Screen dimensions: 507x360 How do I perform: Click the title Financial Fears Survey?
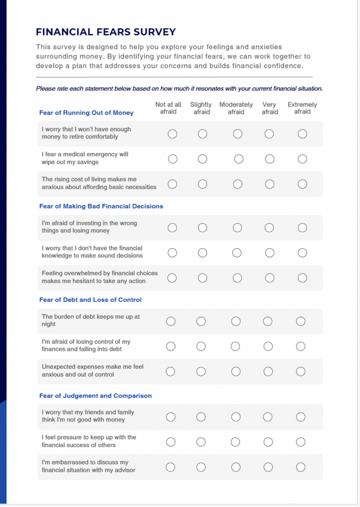105,32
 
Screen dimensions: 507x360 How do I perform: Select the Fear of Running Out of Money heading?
86,113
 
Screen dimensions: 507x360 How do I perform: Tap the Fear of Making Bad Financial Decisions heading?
101,206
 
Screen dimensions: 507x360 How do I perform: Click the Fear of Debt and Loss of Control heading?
90,300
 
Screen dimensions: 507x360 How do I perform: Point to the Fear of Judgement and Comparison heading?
95,396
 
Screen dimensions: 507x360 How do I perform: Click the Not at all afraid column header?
168,108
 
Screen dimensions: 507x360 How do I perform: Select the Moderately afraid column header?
236,108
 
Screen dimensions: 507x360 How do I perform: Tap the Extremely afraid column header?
302,108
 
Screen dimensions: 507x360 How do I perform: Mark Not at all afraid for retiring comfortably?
172,134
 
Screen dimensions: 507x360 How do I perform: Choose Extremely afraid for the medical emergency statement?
302,159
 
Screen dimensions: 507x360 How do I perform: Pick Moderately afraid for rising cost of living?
238,184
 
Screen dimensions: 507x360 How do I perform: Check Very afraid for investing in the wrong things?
269,228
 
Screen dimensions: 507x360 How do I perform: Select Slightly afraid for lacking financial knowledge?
202,253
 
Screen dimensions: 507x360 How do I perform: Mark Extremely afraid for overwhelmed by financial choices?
302,278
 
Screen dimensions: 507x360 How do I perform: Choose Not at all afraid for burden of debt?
171,321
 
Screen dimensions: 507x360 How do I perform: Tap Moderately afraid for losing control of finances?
236,346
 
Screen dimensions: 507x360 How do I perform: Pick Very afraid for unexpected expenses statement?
268,371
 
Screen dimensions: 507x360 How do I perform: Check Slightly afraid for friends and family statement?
201,417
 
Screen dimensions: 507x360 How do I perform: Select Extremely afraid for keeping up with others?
301,442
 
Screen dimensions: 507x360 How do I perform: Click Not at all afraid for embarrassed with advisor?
171,467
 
